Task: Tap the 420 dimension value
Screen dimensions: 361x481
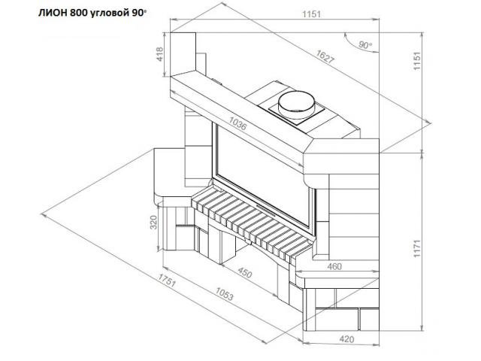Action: tap(347, 339)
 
